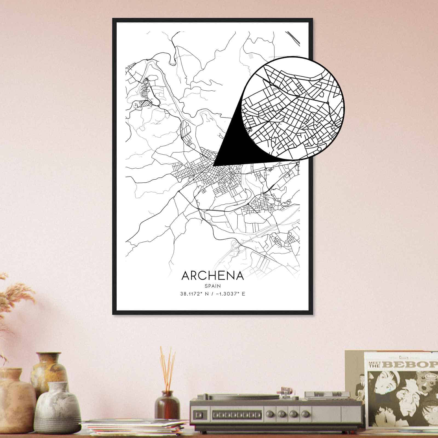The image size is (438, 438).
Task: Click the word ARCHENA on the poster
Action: (x=212, y=276)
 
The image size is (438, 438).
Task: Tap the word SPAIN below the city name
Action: (x=212, y=286)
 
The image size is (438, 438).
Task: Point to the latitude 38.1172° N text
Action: (x=195, y=294)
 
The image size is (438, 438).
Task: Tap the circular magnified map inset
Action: (x=293, y=108)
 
